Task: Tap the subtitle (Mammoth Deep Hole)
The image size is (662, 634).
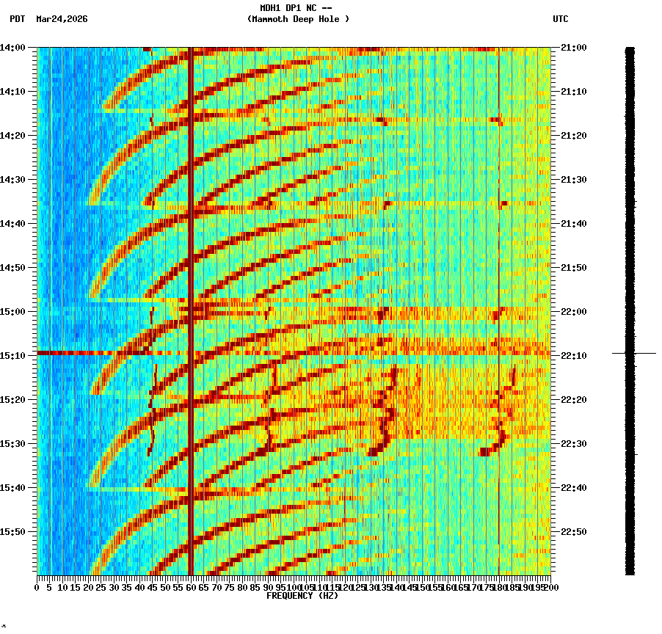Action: pos(298,19)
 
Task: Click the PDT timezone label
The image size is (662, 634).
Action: pos(17,19)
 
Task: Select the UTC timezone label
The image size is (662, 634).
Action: pos(560,19)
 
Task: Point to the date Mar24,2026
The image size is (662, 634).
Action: pos(62,19)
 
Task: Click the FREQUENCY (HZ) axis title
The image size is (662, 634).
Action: pos(302,596)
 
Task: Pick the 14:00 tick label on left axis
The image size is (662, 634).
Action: pos(12,48)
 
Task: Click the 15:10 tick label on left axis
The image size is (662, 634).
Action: pos(12,356)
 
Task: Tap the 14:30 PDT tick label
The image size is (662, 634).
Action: pos(12,180)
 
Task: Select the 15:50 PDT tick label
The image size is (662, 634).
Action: pos(12,532)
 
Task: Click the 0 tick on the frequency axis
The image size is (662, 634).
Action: pos(37,588)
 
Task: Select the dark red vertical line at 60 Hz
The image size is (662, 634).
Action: pos(191,294)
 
